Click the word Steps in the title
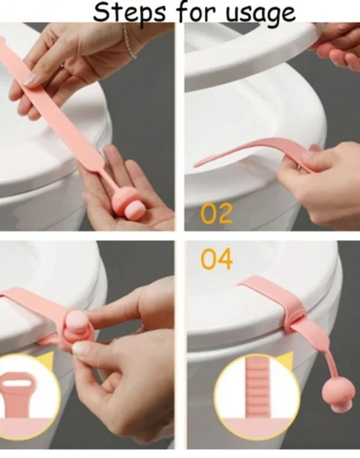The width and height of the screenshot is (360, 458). [130, 12]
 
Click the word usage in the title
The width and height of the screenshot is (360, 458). [261, 14]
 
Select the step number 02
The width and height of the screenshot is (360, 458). [217, 213]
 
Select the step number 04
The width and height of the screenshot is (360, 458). [217, 258]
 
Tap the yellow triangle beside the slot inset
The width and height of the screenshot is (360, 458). [46, 361]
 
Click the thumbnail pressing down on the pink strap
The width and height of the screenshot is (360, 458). [30, 79]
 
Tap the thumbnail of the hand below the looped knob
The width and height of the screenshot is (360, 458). [81, 349]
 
